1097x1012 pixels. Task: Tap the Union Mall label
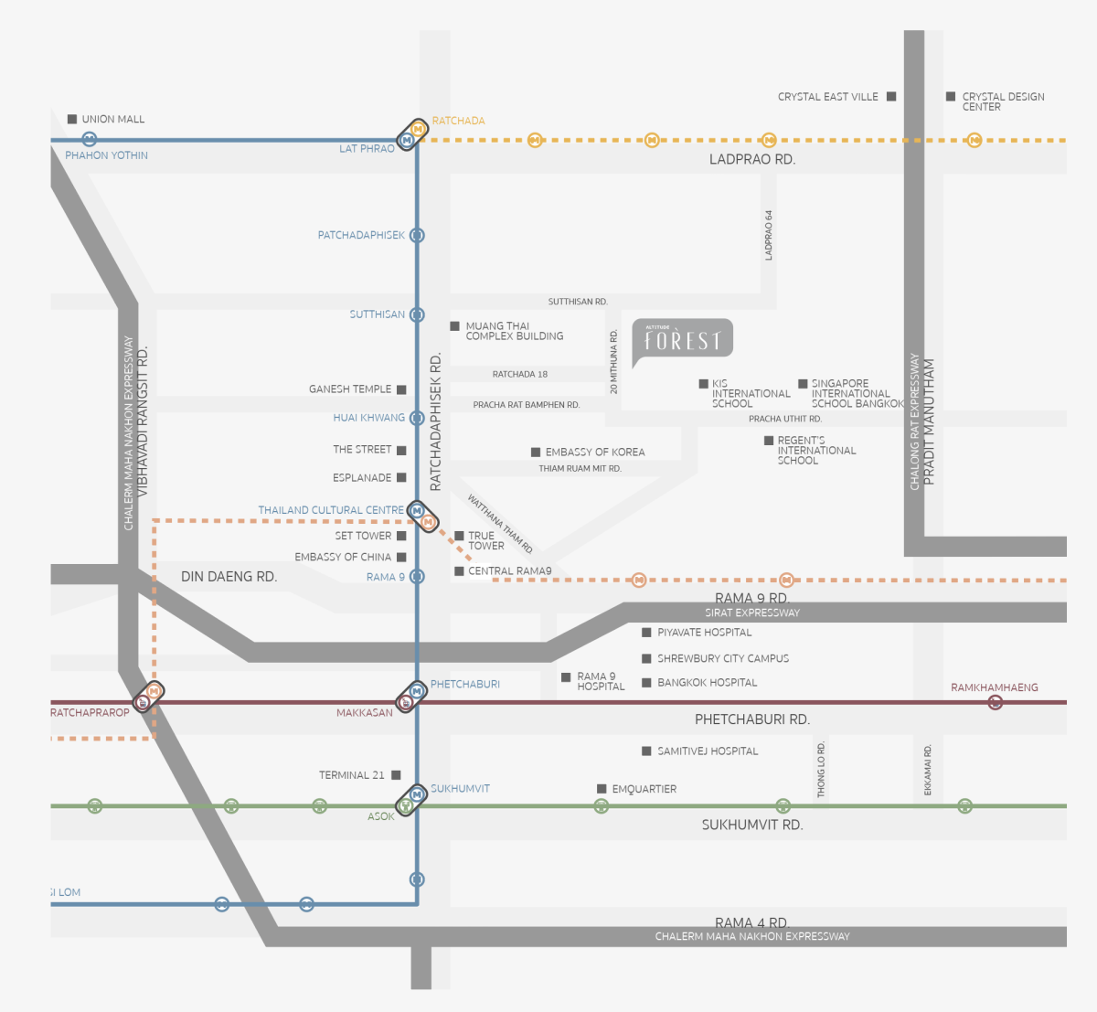pyautogui.click(x=112, y=119)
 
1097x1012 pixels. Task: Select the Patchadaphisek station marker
pyautogui.click(x=417, y=235)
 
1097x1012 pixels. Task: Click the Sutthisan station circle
pyautogui.click(x=417, y=314)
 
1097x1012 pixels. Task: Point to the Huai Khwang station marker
pyautogui.click(x=417, y=418)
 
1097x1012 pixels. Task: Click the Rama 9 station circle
pyautogui.click(x=417, y=577)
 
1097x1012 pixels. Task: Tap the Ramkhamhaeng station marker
pyautogui.click(x=996, y=702)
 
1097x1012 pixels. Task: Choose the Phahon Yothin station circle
pyautogui.click(x=89, y=140)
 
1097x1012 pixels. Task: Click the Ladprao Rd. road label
pyautogui.click(x=752, y=159)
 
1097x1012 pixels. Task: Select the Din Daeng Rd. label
pyautogui.click(x=229, y=577)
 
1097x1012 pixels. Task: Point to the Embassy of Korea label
pyautogui.click(x=594, y=452)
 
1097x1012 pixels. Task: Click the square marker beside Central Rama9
pyautogui.click(x=459, y=571)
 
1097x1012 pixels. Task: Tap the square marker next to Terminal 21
pyautogui.click(x=396, y=775)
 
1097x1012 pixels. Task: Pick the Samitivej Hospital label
pyautogui.click(x=708, y=751)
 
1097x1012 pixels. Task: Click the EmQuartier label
pyautogui.click(x=644, y=789)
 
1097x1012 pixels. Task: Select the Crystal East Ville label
pyautogui.click(x=827, y=97)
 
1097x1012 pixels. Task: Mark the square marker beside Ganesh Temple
pyautogui.click(x=401, y=389)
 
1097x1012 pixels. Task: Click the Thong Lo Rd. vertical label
pyautogui.click(x=821, y=770)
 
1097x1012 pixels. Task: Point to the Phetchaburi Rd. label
pyautogui.click(x=752, y=719)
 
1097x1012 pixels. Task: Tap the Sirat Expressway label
pyautogui.click(x=752, y=613)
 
